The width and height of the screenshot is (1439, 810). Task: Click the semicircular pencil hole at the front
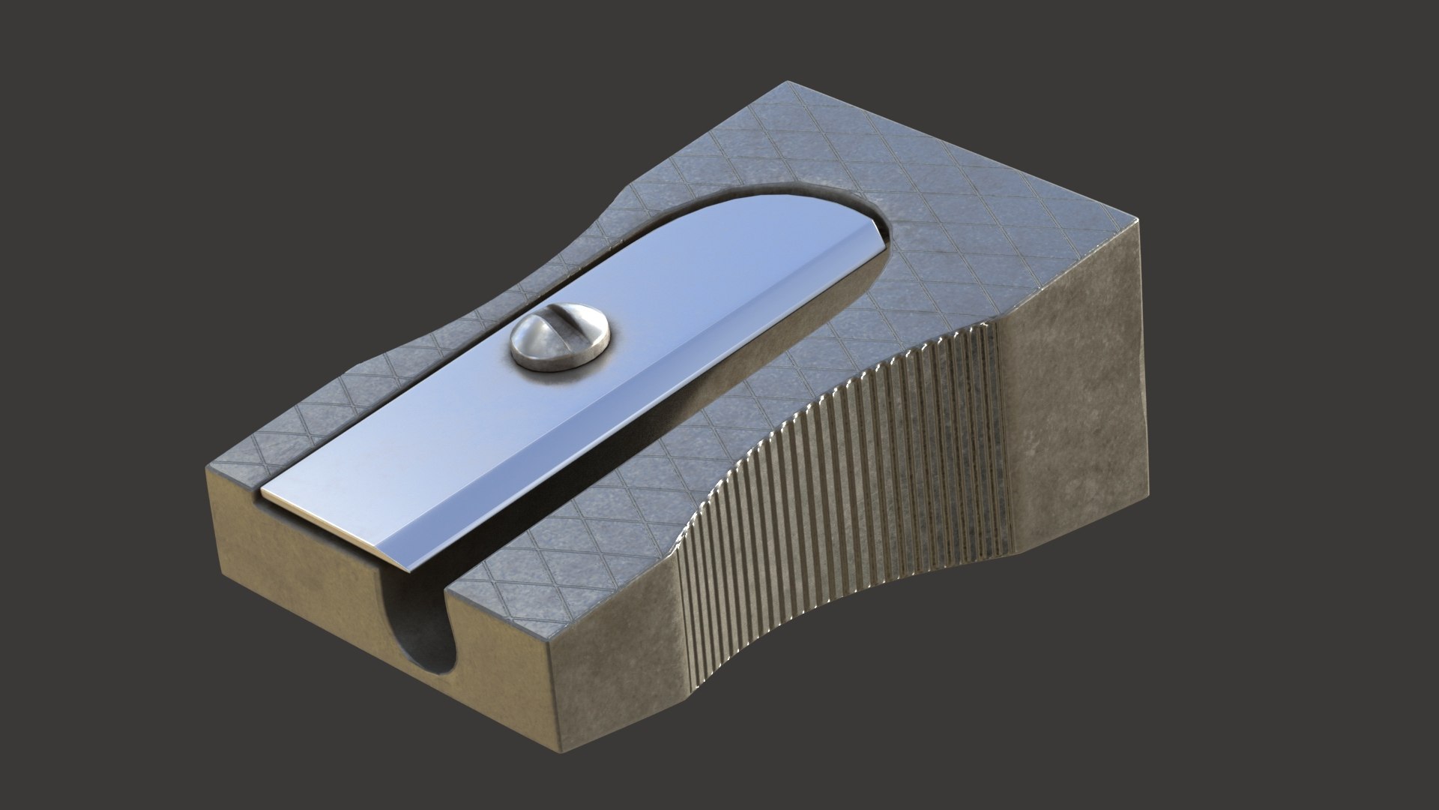tap(427, 630)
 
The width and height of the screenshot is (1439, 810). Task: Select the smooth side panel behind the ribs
tap(1072, 375)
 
